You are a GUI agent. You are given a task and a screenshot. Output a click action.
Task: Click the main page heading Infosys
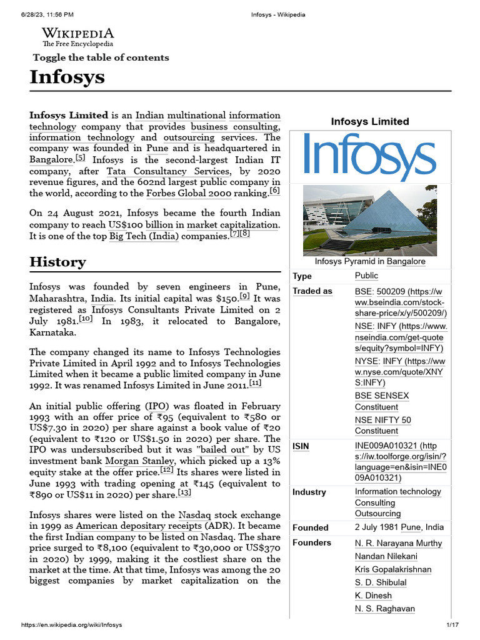coord(67,77)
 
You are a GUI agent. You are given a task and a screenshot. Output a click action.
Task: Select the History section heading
coord(57,261)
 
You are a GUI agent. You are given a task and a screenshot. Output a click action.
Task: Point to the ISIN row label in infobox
coord(301,446)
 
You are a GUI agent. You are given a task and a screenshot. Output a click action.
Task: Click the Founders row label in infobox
coord(312,542)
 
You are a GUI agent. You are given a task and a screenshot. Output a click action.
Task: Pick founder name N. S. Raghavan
coord(384,609)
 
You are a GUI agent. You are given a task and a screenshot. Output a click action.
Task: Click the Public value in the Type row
coord(366,276)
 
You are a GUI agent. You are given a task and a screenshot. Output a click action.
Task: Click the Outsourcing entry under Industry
coord(377,513)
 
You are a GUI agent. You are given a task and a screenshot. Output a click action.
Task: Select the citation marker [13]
coord(184,493)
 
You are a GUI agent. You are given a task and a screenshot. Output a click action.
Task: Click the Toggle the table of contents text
coord(101,57)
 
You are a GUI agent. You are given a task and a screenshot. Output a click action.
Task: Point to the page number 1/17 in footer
coord(452,625)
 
